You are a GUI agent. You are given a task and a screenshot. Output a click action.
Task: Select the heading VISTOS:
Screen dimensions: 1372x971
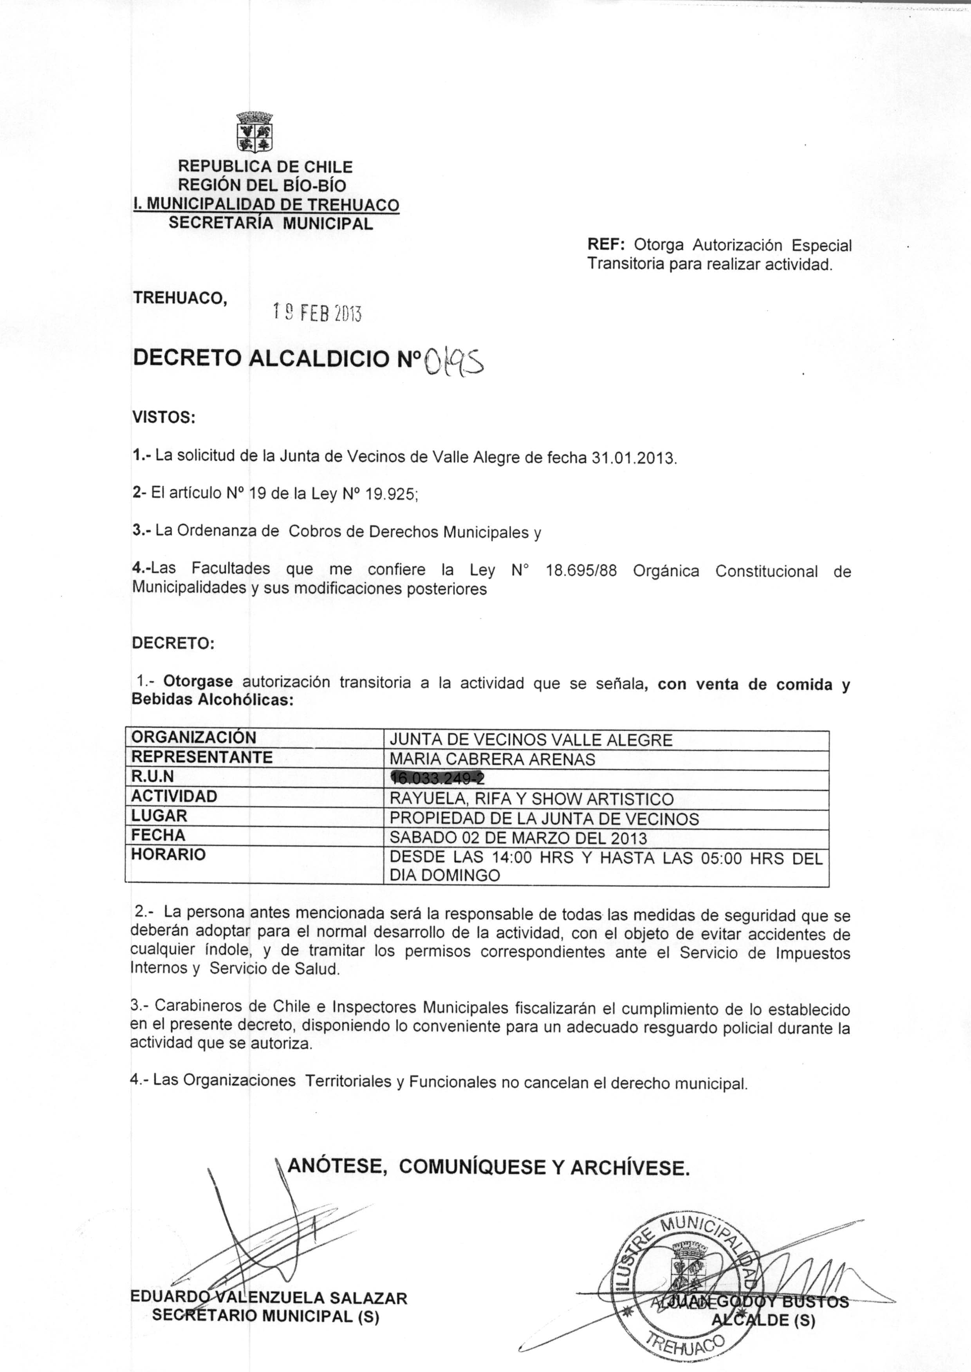click(164, 417)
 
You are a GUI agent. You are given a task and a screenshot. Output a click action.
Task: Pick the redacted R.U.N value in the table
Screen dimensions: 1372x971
click(437, 778)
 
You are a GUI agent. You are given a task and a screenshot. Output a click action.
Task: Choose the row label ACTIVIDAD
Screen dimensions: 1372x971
click(174, 796)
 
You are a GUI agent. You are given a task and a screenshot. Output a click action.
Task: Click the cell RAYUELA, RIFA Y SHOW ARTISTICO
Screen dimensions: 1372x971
click(531, 799)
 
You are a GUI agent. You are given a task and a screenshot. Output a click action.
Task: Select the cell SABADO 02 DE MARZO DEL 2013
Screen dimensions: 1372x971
click(518, 838)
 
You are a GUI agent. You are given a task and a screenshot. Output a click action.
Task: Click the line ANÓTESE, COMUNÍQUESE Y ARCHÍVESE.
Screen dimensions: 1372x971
click(489, 1167)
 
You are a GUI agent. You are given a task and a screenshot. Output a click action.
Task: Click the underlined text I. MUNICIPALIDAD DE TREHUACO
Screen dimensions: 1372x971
click(266, 204)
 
